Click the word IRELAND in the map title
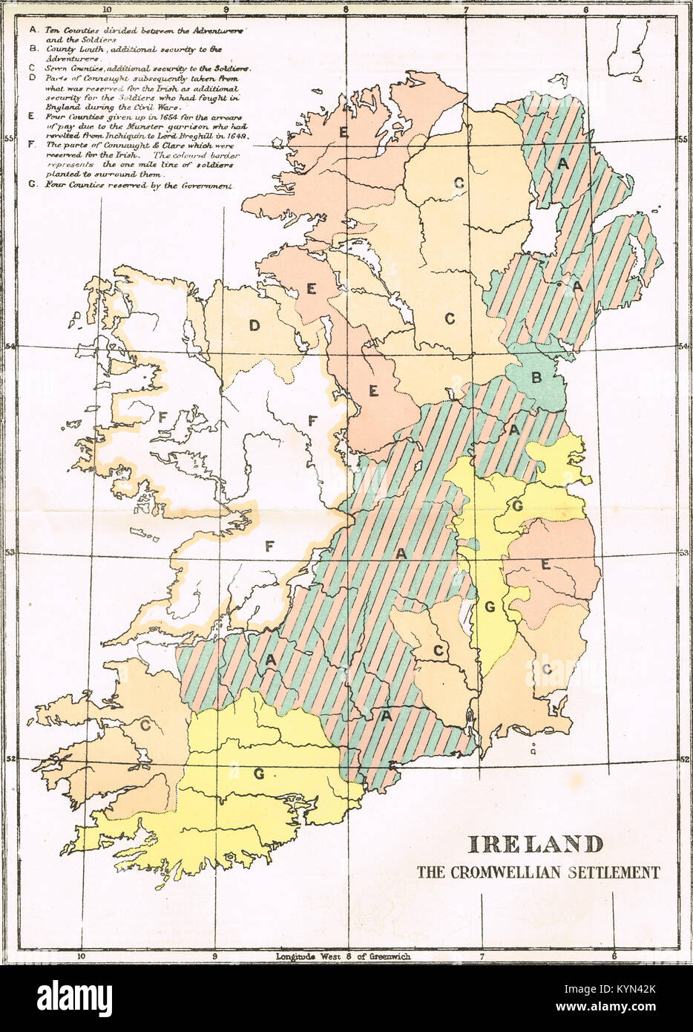534,844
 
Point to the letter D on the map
254,325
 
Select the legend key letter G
30,185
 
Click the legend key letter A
30,30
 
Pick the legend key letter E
30,116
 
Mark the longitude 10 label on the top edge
107,10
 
